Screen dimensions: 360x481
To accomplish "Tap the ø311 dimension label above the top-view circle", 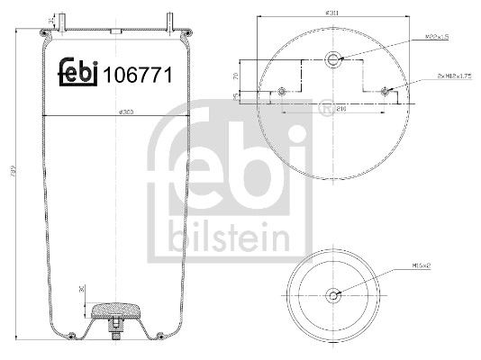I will [x=333, y=13].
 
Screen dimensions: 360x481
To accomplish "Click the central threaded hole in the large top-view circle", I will [x=334, y=60].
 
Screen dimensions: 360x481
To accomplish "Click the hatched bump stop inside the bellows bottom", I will [x=117, y=309].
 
